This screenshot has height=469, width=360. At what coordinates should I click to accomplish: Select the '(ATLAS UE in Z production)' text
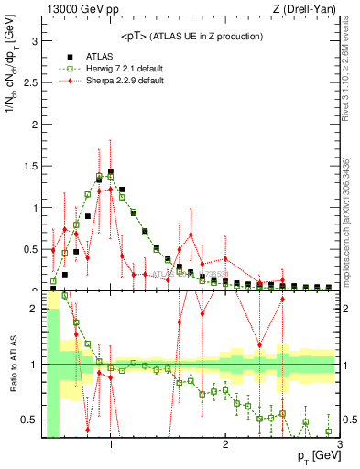pos(207,37)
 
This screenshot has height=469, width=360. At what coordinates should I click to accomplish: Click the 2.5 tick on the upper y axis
pos(29,82)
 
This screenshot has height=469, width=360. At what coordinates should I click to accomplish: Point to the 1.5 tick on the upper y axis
pos(29,166)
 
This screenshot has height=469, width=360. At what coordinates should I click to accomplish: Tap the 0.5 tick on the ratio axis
pos(29,420)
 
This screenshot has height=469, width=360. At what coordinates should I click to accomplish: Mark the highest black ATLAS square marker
pos(110,171)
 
